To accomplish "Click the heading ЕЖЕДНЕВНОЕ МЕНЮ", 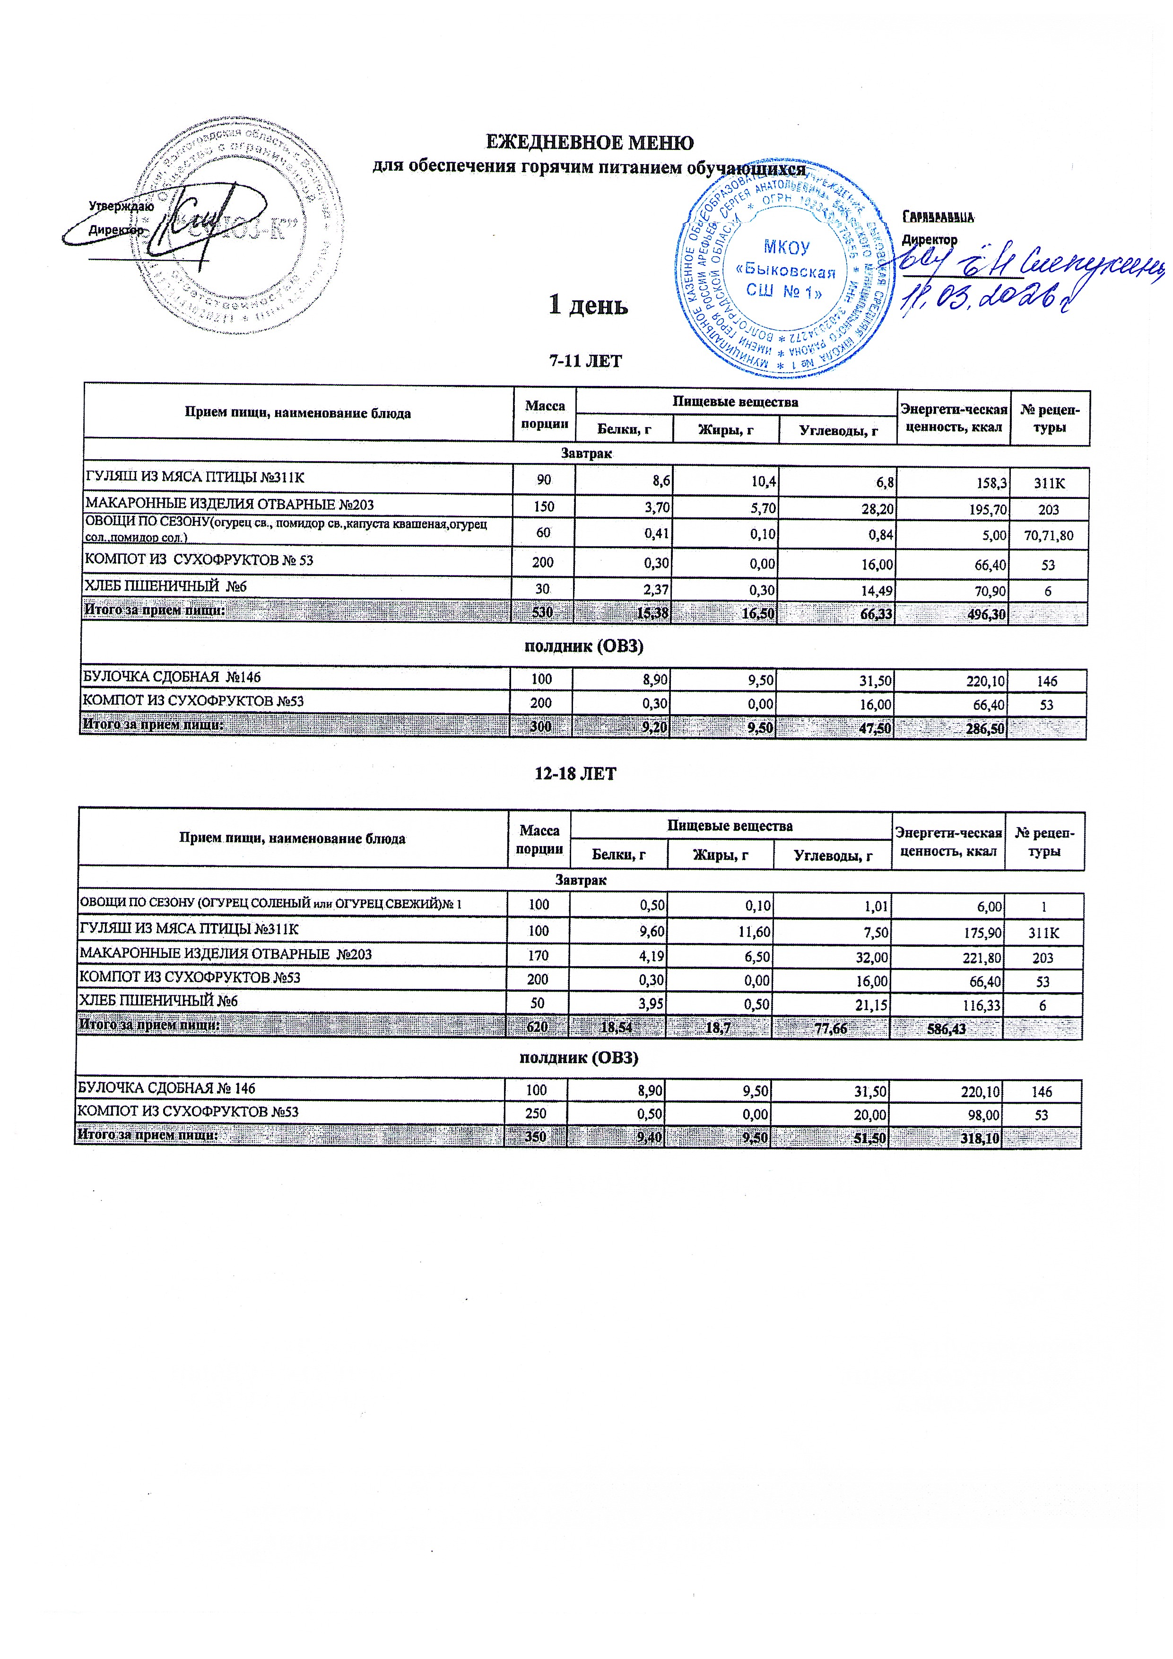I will [588, 142].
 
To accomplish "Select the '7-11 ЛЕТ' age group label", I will [585, 360].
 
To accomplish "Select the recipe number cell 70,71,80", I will [1048, 535].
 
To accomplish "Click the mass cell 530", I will [542, 613].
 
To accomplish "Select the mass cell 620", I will [537, 1028].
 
